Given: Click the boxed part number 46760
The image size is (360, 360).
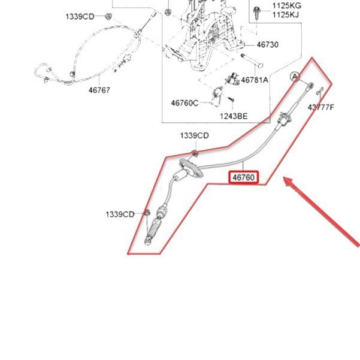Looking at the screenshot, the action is tap(243, 177).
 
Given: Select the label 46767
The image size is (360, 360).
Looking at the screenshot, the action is tap(99, 90).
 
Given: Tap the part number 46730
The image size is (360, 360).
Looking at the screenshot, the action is tap(268, 44).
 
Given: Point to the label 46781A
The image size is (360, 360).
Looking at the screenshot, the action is tap(255, 80).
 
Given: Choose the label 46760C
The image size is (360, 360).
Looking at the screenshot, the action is tap(184, 103).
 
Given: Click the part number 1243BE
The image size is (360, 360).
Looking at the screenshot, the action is tap(234, 116).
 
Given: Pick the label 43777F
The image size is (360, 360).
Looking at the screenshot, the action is tap(320, 107).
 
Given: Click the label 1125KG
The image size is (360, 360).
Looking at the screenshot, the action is tap(286, 5).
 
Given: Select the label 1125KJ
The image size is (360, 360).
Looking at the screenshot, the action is tap(286, 15).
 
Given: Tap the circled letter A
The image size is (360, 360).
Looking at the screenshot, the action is tap(295, 77).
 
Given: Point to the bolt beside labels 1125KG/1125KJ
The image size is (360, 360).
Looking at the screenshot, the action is tap(256, 13).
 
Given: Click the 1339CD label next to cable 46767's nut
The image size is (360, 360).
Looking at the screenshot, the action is tap(80, 17).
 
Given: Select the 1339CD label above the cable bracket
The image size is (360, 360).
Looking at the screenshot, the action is tap(195, 135).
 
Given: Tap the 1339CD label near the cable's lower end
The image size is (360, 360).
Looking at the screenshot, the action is tap(120, 214).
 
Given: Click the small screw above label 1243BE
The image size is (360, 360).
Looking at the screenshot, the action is tap(231, 99).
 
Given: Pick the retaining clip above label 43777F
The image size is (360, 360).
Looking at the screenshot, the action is tap(320, 92).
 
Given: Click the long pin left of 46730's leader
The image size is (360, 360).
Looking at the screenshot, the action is tap(252, 61).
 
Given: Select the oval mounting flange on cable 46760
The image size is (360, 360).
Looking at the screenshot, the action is tap(191, 168).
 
